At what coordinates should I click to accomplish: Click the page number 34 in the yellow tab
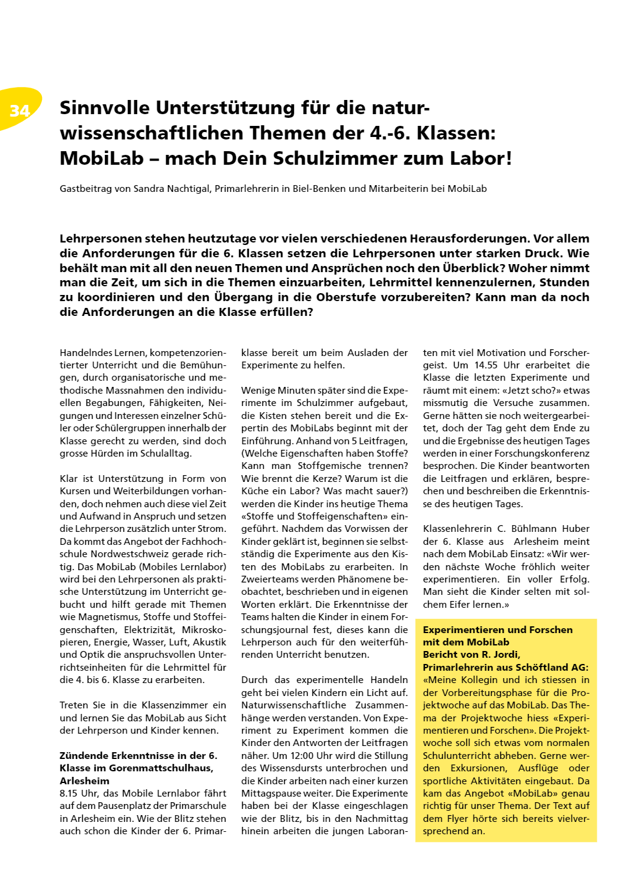click(20, 111)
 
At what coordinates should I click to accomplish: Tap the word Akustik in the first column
click(209, 642)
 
